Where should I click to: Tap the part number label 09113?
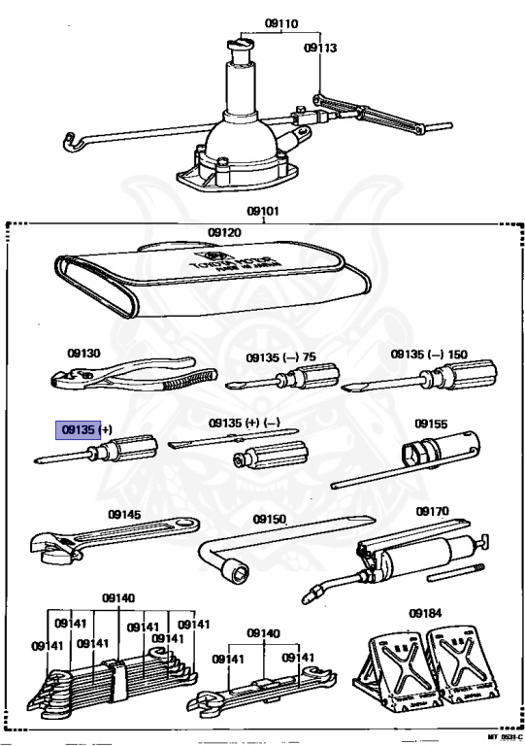(319, 46)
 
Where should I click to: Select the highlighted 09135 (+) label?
(86, 428)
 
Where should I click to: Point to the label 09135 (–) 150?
(429, 356)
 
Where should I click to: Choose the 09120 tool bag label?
(223, 233)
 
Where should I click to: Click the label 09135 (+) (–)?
(245, 424)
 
